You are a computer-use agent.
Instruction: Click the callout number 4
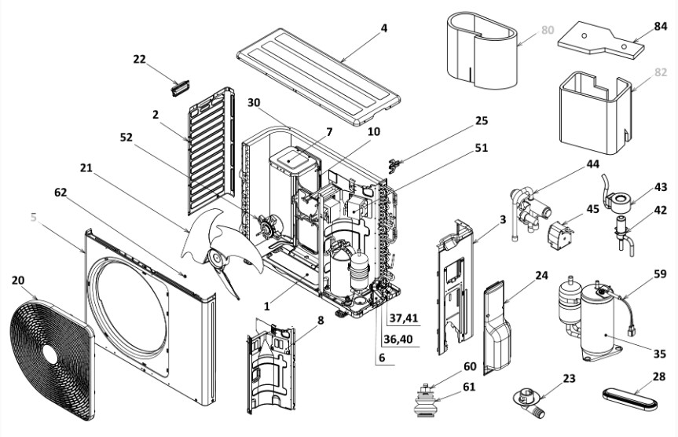pyautogui.click(x=384, y=29)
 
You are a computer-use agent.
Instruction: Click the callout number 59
pyautogui.click(x=659, y=274)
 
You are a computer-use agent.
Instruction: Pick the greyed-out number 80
pyautogui.click(x=548, y=31)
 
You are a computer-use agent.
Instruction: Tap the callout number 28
pyautogui.click(x=659, y=378)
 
